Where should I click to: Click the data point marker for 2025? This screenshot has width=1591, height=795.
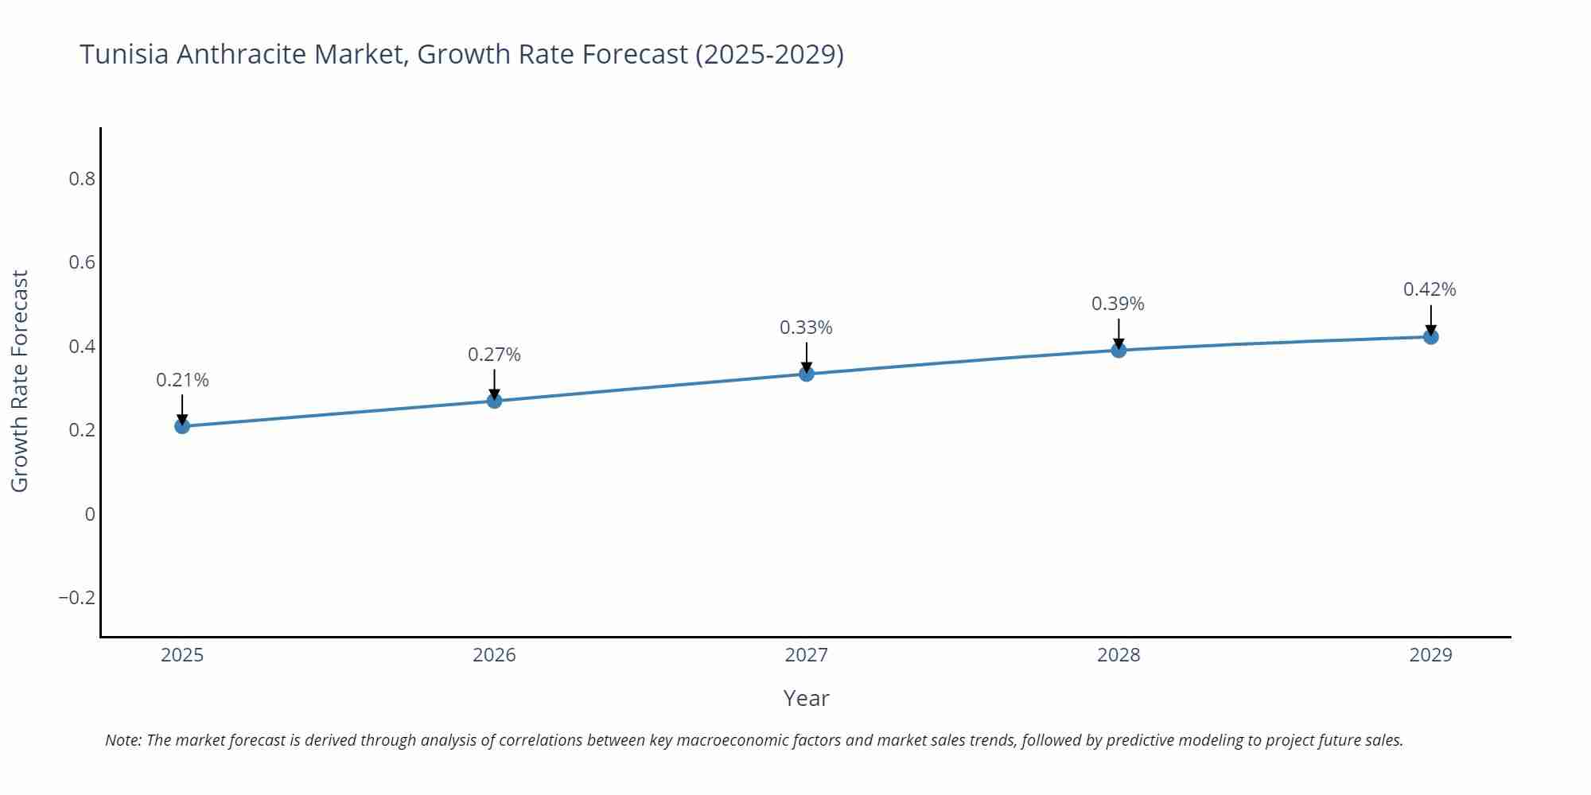pos(182,426)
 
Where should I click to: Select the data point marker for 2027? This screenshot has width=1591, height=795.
pos(807,374)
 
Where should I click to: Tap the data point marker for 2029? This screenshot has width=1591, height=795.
pos(1430,337)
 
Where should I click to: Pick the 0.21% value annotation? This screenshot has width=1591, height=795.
pos(182,380)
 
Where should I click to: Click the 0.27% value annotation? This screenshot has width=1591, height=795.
pos(494,355)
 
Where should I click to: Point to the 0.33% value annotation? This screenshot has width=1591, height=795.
pos(806,328)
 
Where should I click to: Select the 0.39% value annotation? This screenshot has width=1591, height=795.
pos(1118,304)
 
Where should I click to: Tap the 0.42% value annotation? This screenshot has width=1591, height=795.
pos(1430,289)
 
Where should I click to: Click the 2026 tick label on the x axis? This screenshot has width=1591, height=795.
pos(494,655)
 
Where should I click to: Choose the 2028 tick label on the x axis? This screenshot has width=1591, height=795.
pos(1118,655)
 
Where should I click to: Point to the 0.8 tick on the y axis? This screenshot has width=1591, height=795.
pos(82,179)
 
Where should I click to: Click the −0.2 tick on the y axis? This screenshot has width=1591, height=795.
pos(76,598)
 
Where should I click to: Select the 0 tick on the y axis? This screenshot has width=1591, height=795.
pos(90,514)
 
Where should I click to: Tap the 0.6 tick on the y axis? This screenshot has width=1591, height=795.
pos(82,262)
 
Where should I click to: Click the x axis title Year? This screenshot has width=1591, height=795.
pos(806,698)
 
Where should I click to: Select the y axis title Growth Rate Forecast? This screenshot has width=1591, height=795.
pos(20,382)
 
